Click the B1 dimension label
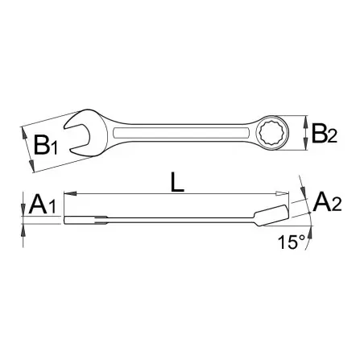(46, 145)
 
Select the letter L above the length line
(177, 183)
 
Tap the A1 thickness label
(43, 205)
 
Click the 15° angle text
(292, 242)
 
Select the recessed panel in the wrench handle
(181, 133)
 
